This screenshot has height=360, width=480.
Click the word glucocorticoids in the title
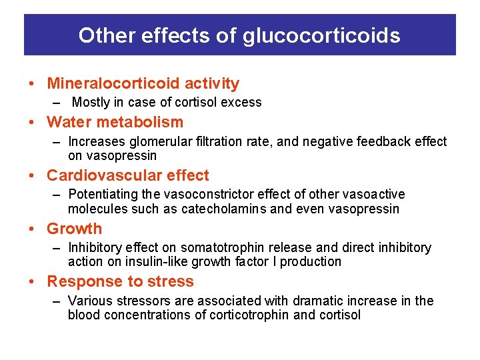pos(321,35)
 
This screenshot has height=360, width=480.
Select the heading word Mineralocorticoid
pos(113,83)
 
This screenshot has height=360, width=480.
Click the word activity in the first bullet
pos(211,83)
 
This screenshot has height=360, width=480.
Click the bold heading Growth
pos(74,229)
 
